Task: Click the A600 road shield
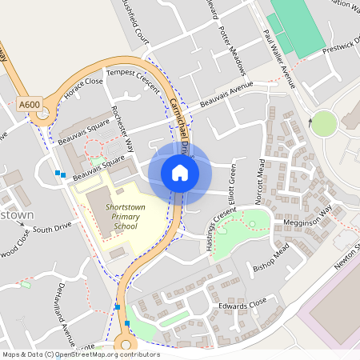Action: click(x=29, y=105)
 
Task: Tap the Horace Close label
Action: click(x=84, y=86)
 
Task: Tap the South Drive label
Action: click(x=53, y=229)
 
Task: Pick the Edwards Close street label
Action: click(x=242, y=304)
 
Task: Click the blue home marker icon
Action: click(x=180, y=173)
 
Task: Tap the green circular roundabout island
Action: click(x=324, y=123)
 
